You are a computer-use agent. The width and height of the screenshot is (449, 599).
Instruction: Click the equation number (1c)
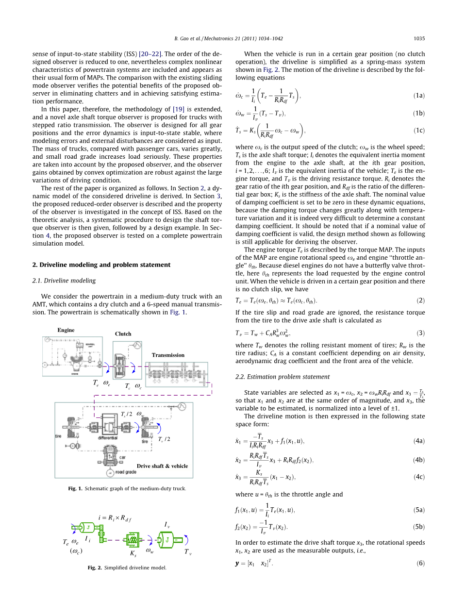click(419, 130)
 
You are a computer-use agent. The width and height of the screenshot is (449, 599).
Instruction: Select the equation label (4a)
click(419, 441)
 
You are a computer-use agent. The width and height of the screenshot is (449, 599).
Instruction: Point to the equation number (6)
click(420, 563)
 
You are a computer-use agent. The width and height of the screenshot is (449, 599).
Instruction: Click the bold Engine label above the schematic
click(66, 330)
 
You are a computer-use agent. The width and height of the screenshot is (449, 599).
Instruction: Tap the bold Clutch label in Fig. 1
click(123, 334)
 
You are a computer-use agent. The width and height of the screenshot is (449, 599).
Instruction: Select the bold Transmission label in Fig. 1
click(168, 355)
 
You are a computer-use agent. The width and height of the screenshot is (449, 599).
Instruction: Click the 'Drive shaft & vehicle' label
click(162, 466)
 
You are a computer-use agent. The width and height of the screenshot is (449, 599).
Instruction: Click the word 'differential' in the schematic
click(108, 438)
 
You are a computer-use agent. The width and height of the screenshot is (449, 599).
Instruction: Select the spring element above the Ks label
click(133, 539)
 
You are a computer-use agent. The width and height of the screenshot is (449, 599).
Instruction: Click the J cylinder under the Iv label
click(166, 539)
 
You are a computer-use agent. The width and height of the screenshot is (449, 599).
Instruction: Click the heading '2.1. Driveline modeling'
click(64, 281)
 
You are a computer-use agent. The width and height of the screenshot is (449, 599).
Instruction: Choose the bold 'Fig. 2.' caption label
click(95, 567)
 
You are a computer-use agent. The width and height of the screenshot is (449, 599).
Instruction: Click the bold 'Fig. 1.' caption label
click(76, 488)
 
